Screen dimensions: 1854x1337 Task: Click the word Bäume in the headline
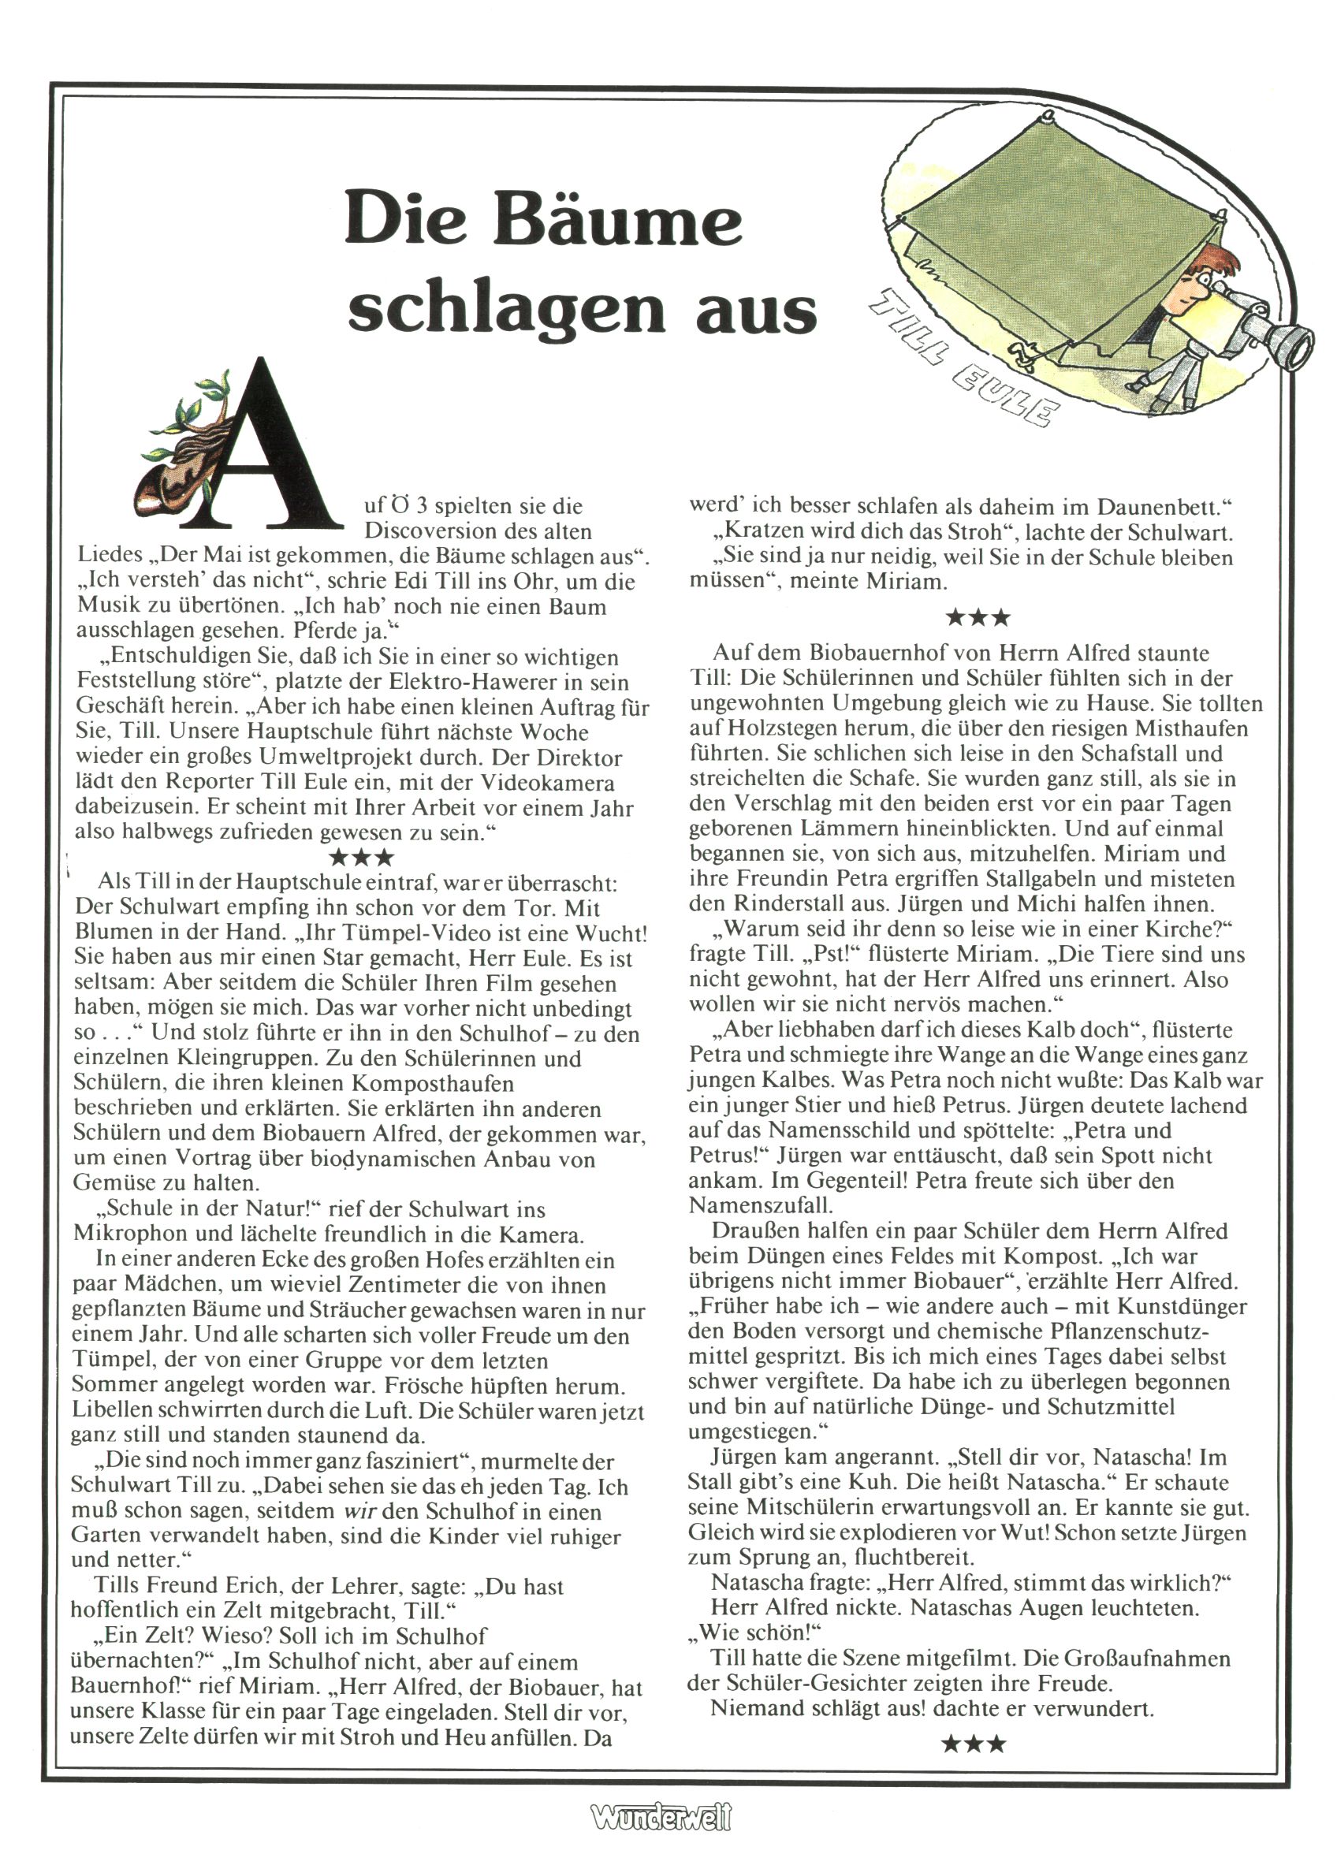pyautogui.click(x=617, y=219)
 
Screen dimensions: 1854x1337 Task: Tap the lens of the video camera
pyautogui.click(x=1293, y=344)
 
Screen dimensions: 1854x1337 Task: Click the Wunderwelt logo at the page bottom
pyautogui.click(x=661, y=1816)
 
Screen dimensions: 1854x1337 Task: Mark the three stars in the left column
pyautogui.click(x=360, y=858)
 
